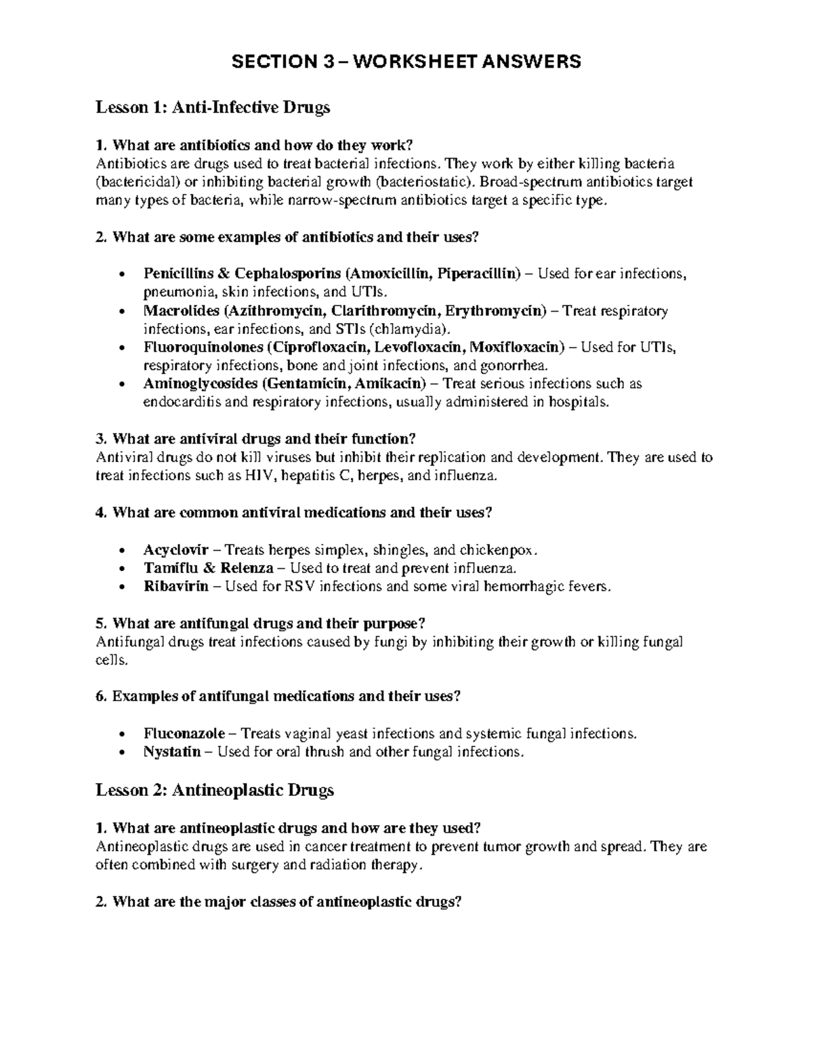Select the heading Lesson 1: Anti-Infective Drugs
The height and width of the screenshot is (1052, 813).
pos(213,107)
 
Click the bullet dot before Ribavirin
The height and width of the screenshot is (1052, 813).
pos(121,587)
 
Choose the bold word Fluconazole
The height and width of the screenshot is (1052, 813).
pos(186,734)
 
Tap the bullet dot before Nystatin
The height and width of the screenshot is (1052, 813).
pos(121,753)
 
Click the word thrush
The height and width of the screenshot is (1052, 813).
pos(326,752)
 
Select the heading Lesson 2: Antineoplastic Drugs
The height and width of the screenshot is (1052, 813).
pos(215,790)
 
